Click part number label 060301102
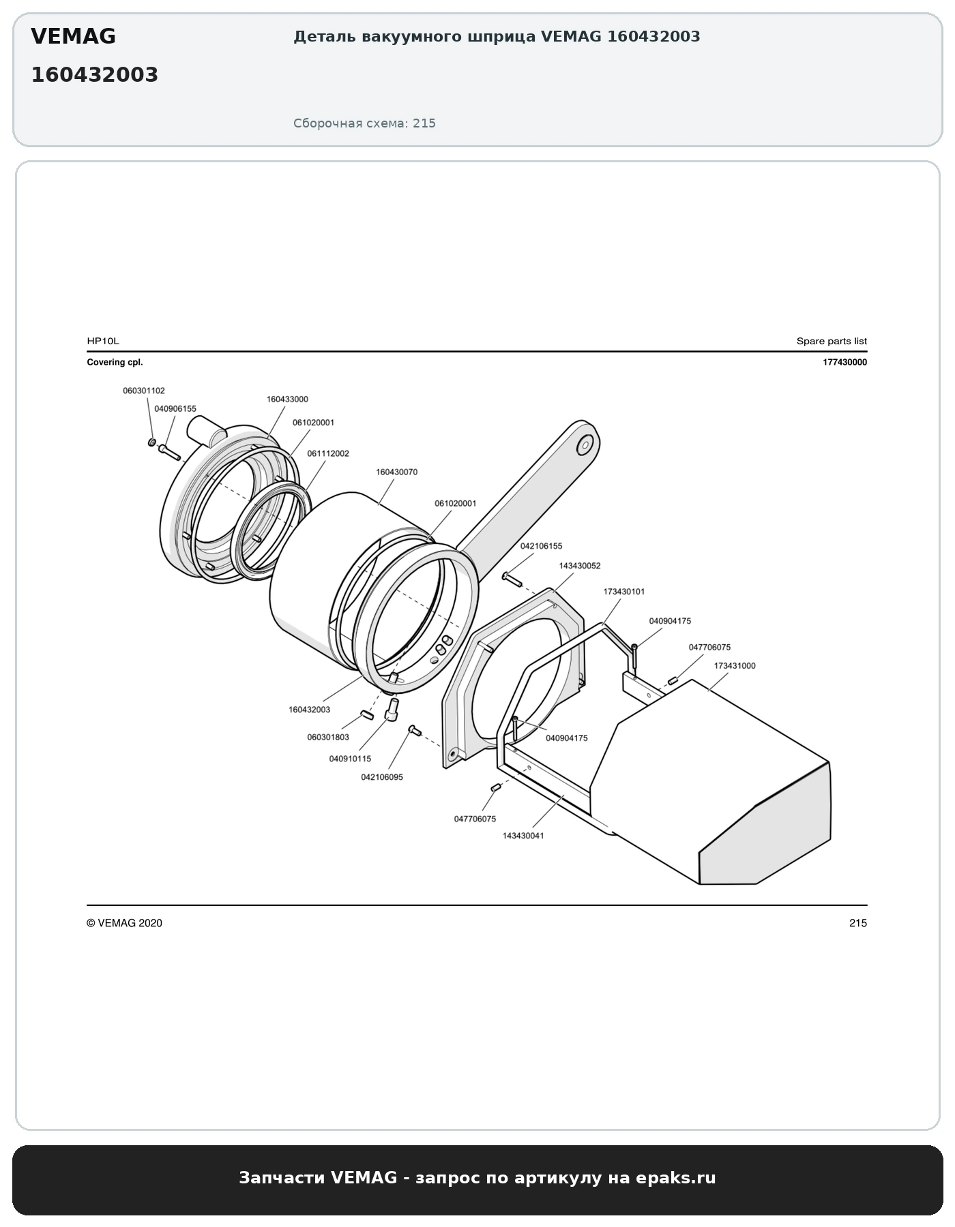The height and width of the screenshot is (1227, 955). coord(144,391)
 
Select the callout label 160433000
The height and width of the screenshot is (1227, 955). coord(287,399)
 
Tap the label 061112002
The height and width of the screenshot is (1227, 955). coord(328,453)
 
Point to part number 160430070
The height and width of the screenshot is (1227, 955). coord(397,472)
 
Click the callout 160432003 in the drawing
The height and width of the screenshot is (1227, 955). coord(309,710)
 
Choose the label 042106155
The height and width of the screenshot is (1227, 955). coord(542,546)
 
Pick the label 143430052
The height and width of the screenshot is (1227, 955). coord(580,566)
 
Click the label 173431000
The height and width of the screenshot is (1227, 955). coord(735,666)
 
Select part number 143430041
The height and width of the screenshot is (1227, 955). coord(523,836)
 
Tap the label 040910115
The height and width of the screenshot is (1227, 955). coord(350,759)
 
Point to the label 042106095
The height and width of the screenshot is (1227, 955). coord(382,777)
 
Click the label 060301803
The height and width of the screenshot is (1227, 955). coord(328,737)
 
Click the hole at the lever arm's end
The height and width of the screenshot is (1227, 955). coord(584,446)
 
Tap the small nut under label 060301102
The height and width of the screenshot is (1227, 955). coord(151,442)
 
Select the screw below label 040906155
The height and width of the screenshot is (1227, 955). coord(168,452)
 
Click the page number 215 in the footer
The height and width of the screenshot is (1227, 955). coord(858,923)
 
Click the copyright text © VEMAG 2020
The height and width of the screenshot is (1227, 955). coord(124,923)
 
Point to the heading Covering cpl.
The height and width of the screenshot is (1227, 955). coord(115,363)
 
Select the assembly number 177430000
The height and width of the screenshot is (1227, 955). coord(845,363)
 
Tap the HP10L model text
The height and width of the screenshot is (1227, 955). coord(103,341)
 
